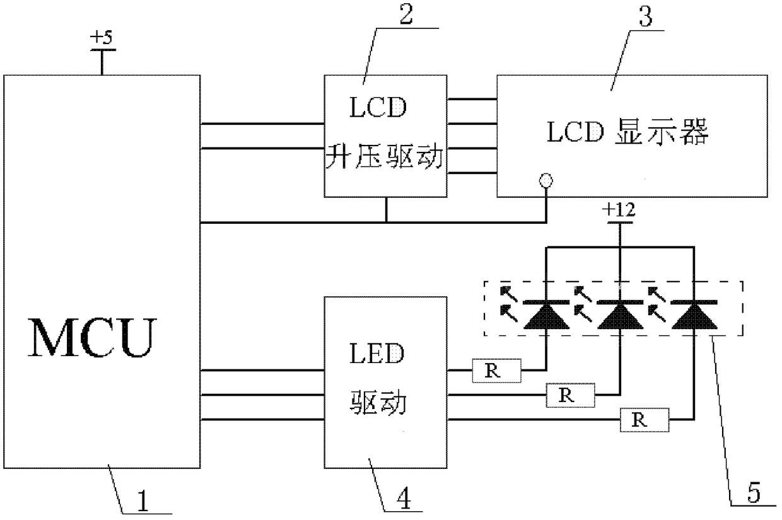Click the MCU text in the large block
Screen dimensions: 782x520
pyautogui.click(x=92, y=338)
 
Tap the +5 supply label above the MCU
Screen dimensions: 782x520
pyautogui.click(x=102, y=38)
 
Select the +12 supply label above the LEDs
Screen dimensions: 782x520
pyautogui.click(x=619, y=210)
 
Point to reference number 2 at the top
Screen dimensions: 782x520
pyautogui.click(x=406, y=14)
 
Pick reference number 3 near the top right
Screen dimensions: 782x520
pyautogui.click(x=646, y=17)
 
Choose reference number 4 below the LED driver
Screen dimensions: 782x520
pyautogui.click(x=403, y=499)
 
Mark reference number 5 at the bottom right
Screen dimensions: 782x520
pyautogui.click(x=754, y=492)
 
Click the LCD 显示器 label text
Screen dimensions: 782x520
pyautogui.click(x=627, y=132)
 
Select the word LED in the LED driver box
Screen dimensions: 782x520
pyautogui.click(x=377, y=354)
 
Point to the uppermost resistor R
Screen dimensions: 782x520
pyautogui.click(x=497, y=371)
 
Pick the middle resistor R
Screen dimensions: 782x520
pyautogui.click(x=571, y=395)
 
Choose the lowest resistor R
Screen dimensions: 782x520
pyautogui.click(x=645, y=420)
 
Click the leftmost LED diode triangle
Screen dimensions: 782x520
pyautogui.click(x=546, y=316)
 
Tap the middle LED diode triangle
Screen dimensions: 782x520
pyautogui.click(x=621, y=316)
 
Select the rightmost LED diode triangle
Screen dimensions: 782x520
pyautogui.click(x=694, y=316)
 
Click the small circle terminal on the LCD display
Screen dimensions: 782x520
pyautogui.click(x=546, y=181)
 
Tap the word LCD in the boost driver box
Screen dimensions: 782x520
pyautogui.click(x=378, y=107)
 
